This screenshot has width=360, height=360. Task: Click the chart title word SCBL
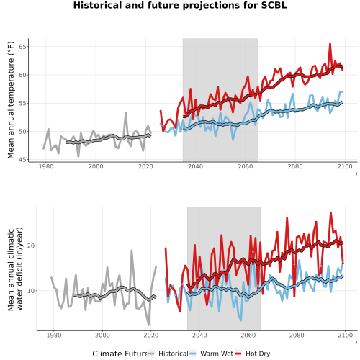(274, 5)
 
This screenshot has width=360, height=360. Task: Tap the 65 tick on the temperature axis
(22, 47)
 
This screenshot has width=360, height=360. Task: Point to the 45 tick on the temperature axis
(22, 160)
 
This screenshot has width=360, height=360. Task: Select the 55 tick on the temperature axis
(22, 103)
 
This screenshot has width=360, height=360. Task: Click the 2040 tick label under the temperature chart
(195, 166)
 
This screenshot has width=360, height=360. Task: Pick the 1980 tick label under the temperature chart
(46, 166)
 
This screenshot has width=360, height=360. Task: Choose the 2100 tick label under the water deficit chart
(345, 335)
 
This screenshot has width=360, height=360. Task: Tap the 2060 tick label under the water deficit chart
(248, 335)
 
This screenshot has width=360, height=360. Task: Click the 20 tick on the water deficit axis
(31, 246)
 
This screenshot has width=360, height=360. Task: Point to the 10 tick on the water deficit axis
(31, 291)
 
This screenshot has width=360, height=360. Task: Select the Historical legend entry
(168, 354)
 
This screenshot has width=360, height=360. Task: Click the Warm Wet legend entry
(211, 354)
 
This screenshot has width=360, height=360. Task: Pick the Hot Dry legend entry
(252, 354)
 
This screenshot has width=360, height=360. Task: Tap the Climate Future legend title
(120, 354)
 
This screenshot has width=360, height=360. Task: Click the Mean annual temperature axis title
(11, 100)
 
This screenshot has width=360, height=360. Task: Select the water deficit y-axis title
(15, 269)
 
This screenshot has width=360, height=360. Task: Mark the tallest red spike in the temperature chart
(330, 44)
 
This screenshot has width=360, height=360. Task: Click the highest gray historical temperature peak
(125, 113)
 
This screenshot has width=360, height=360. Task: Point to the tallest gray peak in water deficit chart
(132, 251)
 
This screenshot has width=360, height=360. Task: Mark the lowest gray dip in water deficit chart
(148, 325)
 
